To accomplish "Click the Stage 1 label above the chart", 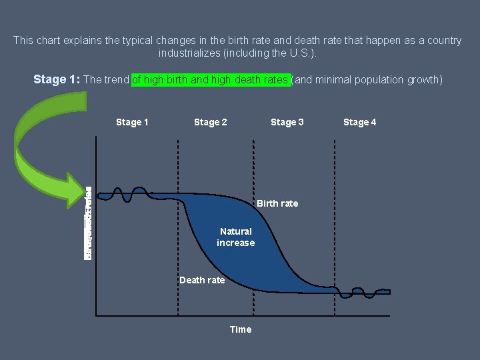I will [132, 122].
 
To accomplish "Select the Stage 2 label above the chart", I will [210, 122].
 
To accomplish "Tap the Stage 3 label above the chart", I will [287, 122].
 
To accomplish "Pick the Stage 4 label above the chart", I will [359, 122].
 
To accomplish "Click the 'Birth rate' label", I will [277, 203].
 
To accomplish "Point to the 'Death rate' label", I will [202, 280].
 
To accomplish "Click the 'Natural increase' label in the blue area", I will [235, 237].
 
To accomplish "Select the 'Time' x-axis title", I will [240, 329].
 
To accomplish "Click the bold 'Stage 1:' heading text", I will [57, 80].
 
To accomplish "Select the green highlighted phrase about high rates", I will [210, 80].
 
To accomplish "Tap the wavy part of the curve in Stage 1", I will [130, 195].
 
